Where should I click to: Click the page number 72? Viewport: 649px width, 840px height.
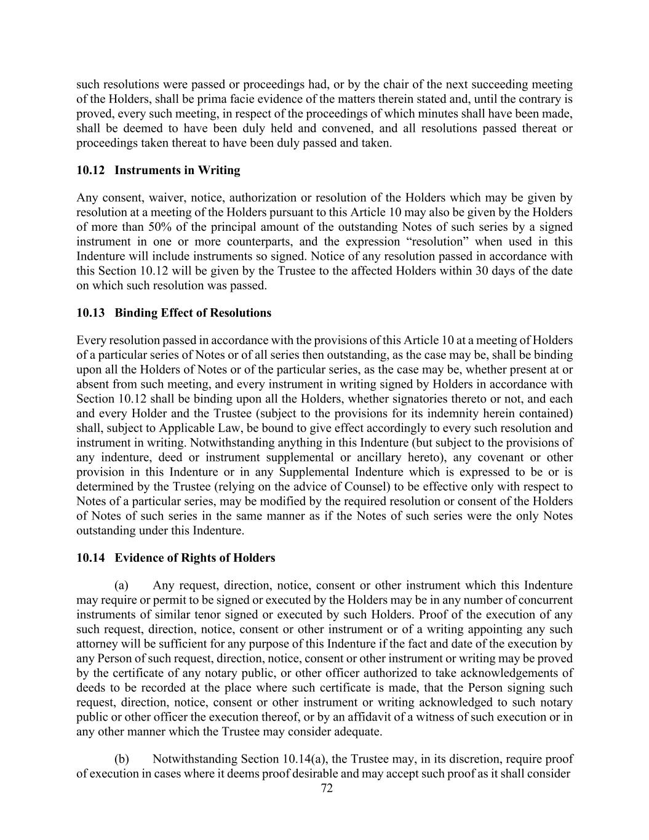pos(327,788)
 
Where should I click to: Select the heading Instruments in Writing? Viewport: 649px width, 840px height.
pos(177,170)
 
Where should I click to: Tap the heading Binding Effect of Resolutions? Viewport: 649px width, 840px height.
pos(193,313)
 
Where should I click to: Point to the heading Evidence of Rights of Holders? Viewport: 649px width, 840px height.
pos(195,558)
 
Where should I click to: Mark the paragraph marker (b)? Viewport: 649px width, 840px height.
pos(121,759)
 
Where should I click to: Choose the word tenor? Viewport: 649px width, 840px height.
pos(258,614)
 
